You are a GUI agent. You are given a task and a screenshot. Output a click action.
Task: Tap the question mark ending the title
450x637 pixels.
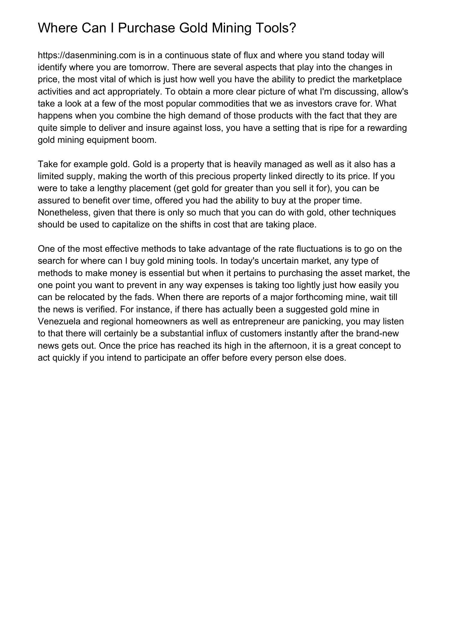pos(292,28)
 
